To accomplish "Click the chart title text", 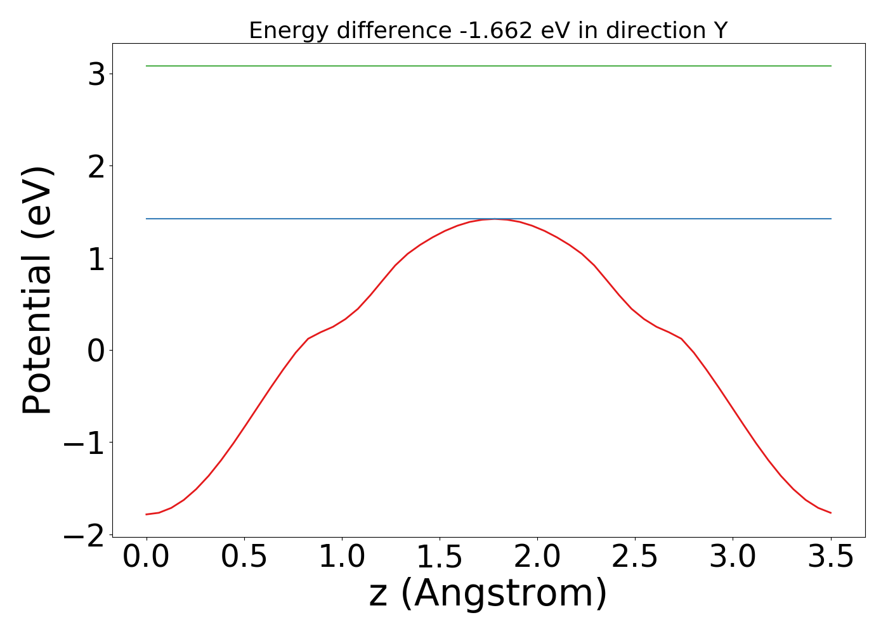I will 488,30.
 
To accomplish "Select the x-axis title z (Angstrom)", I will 488,593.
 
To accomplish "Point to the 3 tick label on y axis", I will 96,75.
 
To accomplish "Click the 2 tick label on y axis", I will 96,167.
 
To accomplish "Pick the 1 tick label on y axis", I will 96,259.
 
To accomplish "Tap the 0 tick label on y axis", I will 96,351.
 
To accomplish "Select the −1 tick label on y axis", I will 84,443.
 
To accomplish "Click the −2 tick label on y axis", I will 84,535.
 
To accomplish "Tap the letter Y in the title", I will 720,30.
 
